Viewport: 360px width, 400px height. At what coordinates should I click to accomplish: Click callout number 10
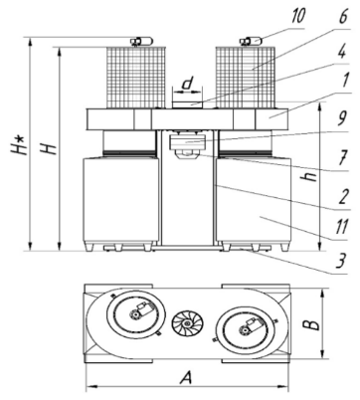tap(297, 16)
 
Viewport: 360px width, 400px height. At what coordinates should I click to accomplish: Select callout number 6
tap(343, 16)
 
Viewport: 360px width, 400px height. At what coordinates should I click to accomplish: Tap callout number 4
tap(342, 52)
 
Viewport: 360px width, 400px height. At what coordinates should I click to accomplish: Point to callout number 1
tap(344, 81)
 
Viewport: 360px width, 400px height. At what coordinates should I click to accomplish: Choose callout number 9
tap(342, 119)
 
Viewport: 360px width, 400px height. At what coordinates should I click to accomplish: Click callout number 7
tap(343, 157)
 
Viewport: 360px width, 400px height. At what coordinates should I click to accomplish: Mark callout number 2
tap(343, 196)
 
